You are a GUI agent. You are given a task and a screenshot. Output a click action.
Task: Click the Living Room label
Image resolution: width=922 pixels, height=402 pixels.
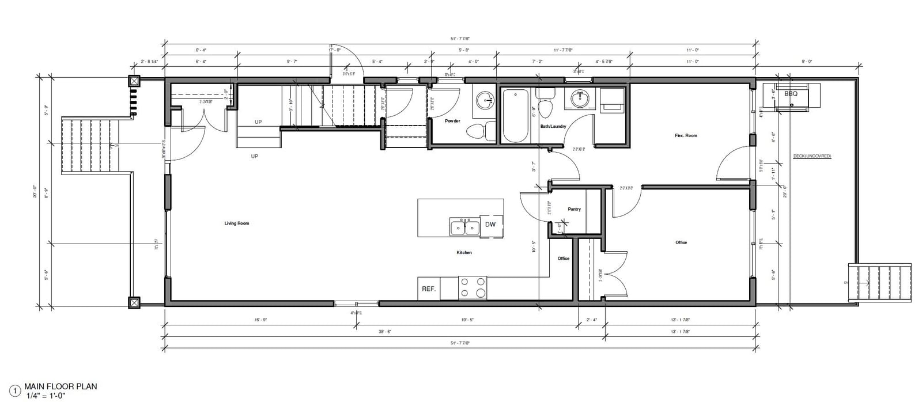pyautogui.click(x=237, y=223)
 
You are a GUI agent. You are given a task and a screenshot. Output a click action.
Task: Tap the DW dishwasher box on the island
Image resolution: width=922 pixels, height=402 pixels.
pyautogui.click(x=490, y=225)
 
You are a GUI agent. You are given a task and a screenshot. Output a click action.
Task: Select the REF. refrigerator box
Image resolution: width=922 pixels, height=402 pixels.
pyautogui.click(x=429, y=289)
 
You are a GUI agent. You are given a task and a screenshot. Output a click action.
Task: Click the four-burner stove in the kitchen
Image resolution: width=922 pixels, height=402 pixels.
pyautogui.click(x=473, y=287)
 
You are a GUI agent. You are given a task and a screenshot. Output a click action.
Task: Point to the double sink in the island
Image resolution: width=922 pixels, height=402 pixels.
pyautogui.click(x=464, y=227)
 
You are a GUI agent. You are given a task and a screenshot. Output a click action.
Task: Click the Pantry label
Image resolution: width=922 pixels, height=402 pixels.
pyautogui.click(x=574, y=209)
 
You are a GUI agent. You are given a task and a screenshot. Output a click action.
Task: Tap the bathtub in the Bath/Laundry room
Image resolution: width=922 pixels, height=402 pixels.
pyautogui.click(x=515, y=115)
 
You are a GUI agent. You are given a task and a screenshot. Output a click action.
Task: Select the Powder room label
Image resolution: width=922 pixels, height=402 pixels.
pyautogui.click(x=452, y=121)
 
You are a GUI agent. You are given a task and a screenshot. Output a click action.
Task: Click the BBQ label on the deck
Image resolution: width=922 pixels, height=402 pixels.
pyautogui.click(x=791, y=93)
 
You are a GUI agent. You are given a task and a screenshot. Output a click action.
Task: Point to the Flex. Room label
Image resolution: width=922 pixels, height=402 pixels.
pyautogui.click(x=686, y=135)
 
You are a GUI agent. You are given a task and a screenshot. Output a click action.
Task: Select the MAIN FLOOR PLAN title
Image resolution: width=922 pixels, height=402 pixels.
pyautogui.click(x=61, y=386)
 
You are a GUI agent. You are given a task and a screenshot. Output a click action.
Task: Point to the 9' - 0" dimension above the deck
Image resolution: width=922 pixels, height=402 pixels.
pyautogui.click(x=807, y=61)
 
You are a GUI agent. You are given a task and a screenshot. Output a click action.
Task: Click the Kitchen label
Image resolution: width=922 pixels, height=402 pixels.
pyautogui.click(x=464, y=252)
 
